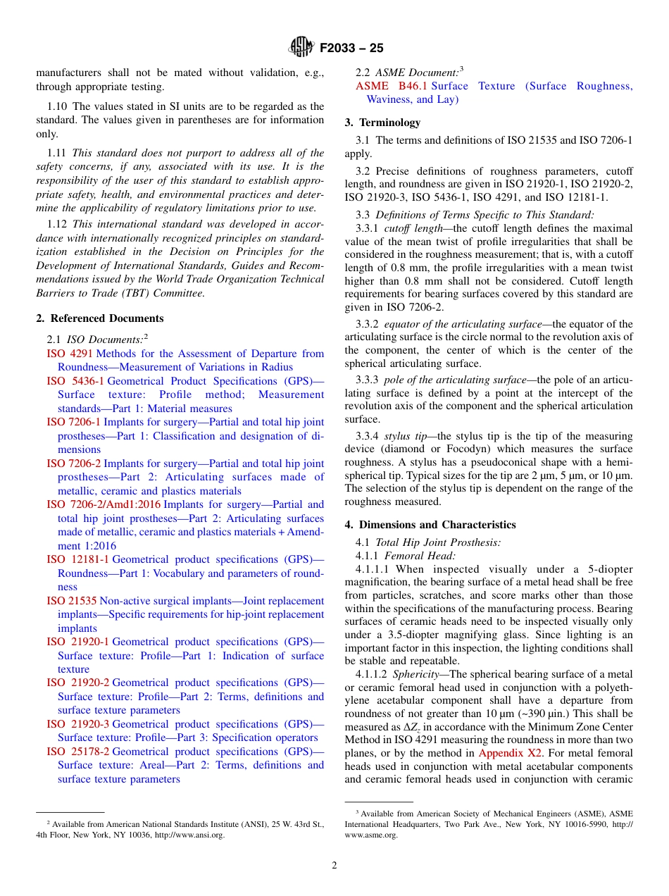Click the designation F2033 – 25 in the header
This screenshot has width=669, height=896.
(x=351, y=49)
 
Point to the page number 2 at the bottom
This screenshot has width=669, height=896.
(x=334, y=866)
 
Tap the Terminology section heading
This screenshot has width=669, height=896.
(x=382, y=123)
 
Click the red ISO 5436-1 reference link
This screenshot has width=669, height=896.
(x=75, y=381)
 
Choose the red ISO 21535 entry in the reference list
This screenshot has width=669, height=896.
(x=72, y=601)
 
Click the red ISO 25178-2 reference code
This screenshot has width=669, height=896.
(x=77, y=752)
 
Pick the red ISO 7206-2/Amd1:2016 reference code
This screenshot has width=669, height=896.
(x=104, y=504)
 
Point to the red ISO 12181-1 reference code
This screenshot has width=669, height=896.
(x=77, y=559)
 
